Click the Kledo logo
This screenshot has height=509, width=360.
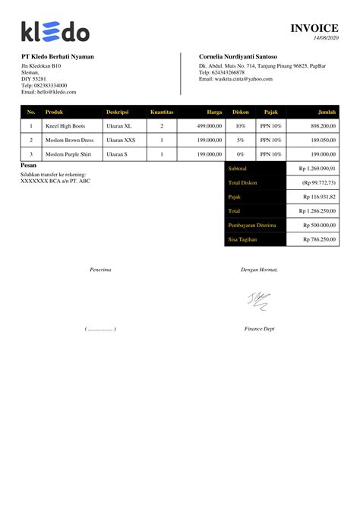click(55, 31)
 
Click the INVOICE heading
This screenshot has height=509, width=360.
click(314, 28)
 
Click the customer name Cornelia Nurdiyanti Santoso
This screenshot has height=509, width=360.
click(238, 57)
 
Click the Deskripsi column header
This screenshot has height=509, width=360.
click(118, 112)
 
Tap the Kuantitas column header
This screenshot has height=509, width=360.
click(162, 112)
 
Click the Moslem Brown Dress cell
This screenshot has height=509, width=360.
click(69, 140)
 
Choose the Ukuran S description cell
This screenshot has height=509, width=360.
click(117, 154)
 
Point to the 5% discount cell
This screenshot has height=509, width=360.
click(240, 140)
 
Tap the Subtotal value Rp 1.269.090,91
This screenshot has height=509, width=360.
click(317, 168)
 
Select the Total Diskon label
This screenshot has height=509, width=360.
click(244, 182)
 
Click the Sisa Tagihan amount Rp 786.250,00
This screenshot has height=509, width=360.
click(317, 239)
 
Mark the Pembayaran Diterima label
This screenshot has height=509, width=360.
click(251, 225)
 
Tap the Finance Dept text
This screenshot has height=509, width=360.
click(259, 329)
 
